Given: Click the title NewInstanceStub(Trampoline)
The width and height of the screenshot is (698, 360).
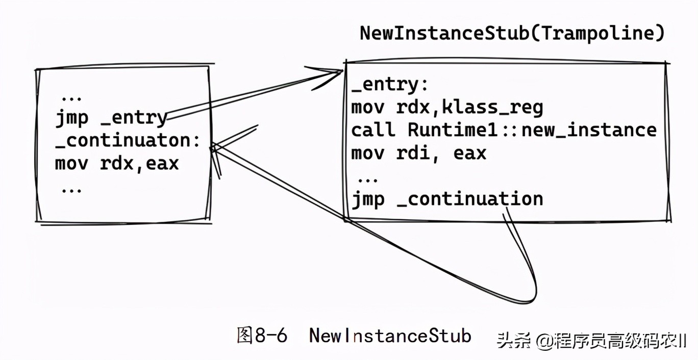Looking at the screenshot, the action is [512, 34].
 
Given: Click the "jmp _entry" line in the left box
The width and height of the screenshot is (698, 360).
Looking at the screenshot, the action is [112, 118].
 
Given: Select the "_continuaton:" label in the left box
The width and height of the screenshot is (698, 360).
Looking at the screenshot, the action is [127, 141].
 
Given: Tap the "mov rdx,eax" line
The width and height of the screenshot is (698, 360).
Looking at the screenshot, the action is [117, 164].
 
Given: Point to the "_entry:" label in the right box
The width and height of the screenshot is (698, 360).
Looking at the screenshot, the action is [390, 85].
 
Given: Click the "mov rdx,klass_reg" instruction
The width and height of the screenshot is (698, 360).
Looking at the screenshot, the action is [447, 108].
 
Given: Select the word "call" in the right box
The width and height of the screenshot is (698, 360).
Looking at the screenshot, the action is [373, 130].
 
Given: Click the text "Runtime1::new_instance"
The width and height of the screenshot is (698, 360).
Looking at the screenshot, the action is [532, 130].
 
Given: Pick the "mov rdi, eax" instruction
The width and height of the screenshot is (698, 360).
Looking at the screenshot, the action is [419, 153].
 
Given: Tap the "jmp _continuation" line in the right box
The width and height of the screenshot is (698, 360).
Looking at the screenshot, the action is [447, 199].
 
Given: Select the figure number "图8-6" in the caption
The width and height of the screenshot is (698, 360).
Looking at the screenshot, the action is [262, 336].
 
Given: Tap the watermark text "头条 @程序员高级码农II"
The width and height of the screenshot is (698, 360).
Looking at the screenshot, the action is [592, 341].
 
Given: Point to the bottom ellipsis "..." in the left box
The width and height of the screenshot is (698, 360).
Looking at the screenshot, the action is [71, 191].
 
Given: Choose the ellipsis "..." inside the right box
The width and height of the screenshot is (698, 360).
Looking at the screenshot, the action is [368, 180].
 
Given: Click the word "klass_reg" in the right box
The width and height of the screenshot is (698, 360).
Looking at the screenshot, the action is [493, 108].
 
